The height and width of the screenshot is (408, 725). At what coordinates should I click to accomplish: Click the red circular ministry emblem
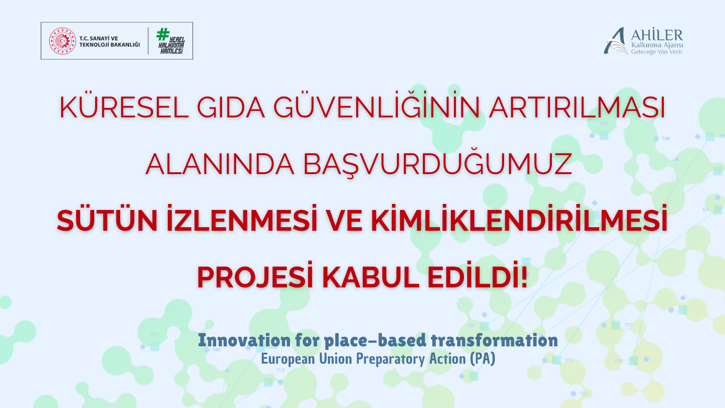click(63, 41)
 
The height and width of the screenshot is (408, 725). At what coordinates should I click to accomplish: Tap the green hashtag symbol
click(163, 34)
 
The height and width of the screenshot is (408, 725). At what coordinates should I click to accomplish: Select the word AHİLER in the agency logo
click(657, 35)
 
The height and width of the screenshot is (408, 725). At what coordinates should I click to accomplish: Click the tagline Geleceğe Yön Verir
click(657, 52)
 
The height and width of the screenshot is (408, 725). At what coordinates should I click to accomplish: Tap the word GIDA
click(231, 108)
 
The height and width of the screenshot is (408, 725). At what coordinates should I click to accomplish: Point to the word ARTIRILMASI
click(577, 108)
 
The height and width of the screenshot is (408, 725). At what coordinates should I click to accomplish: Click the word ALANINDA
click(220, 164)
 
